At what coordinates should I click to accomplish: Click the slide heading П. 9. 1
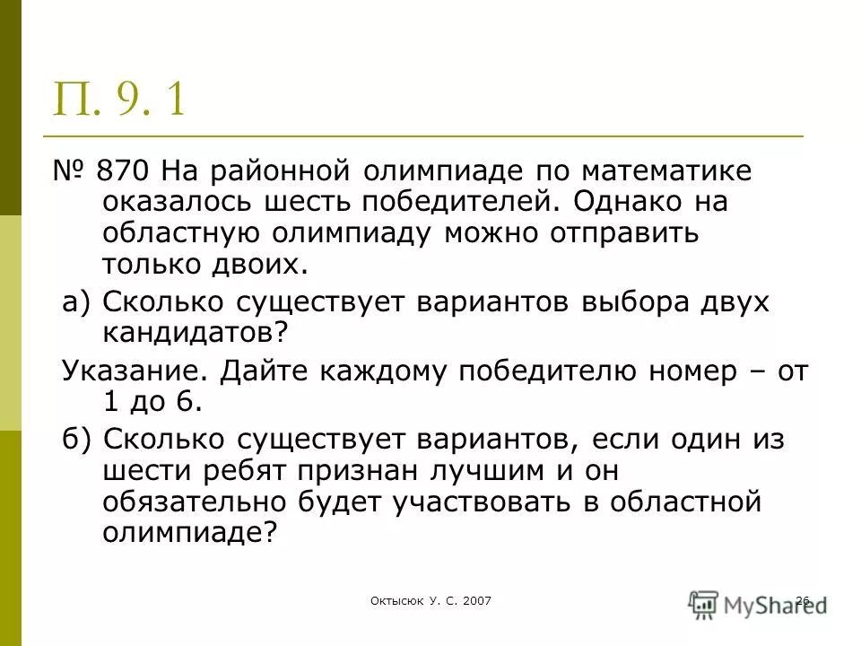(x=121, y=98)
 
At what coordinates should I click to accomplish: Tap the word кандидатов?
(x=197, y=333)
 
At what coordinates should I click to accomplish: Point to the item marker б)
(x=77, y=439)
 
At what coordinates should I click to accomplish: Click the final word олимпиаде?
(x=187, y=533)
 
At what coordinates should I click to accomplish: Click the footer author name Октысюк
(x=395, y=600)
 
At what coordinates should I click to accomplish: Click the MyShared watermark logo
(x=758, y=602)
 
